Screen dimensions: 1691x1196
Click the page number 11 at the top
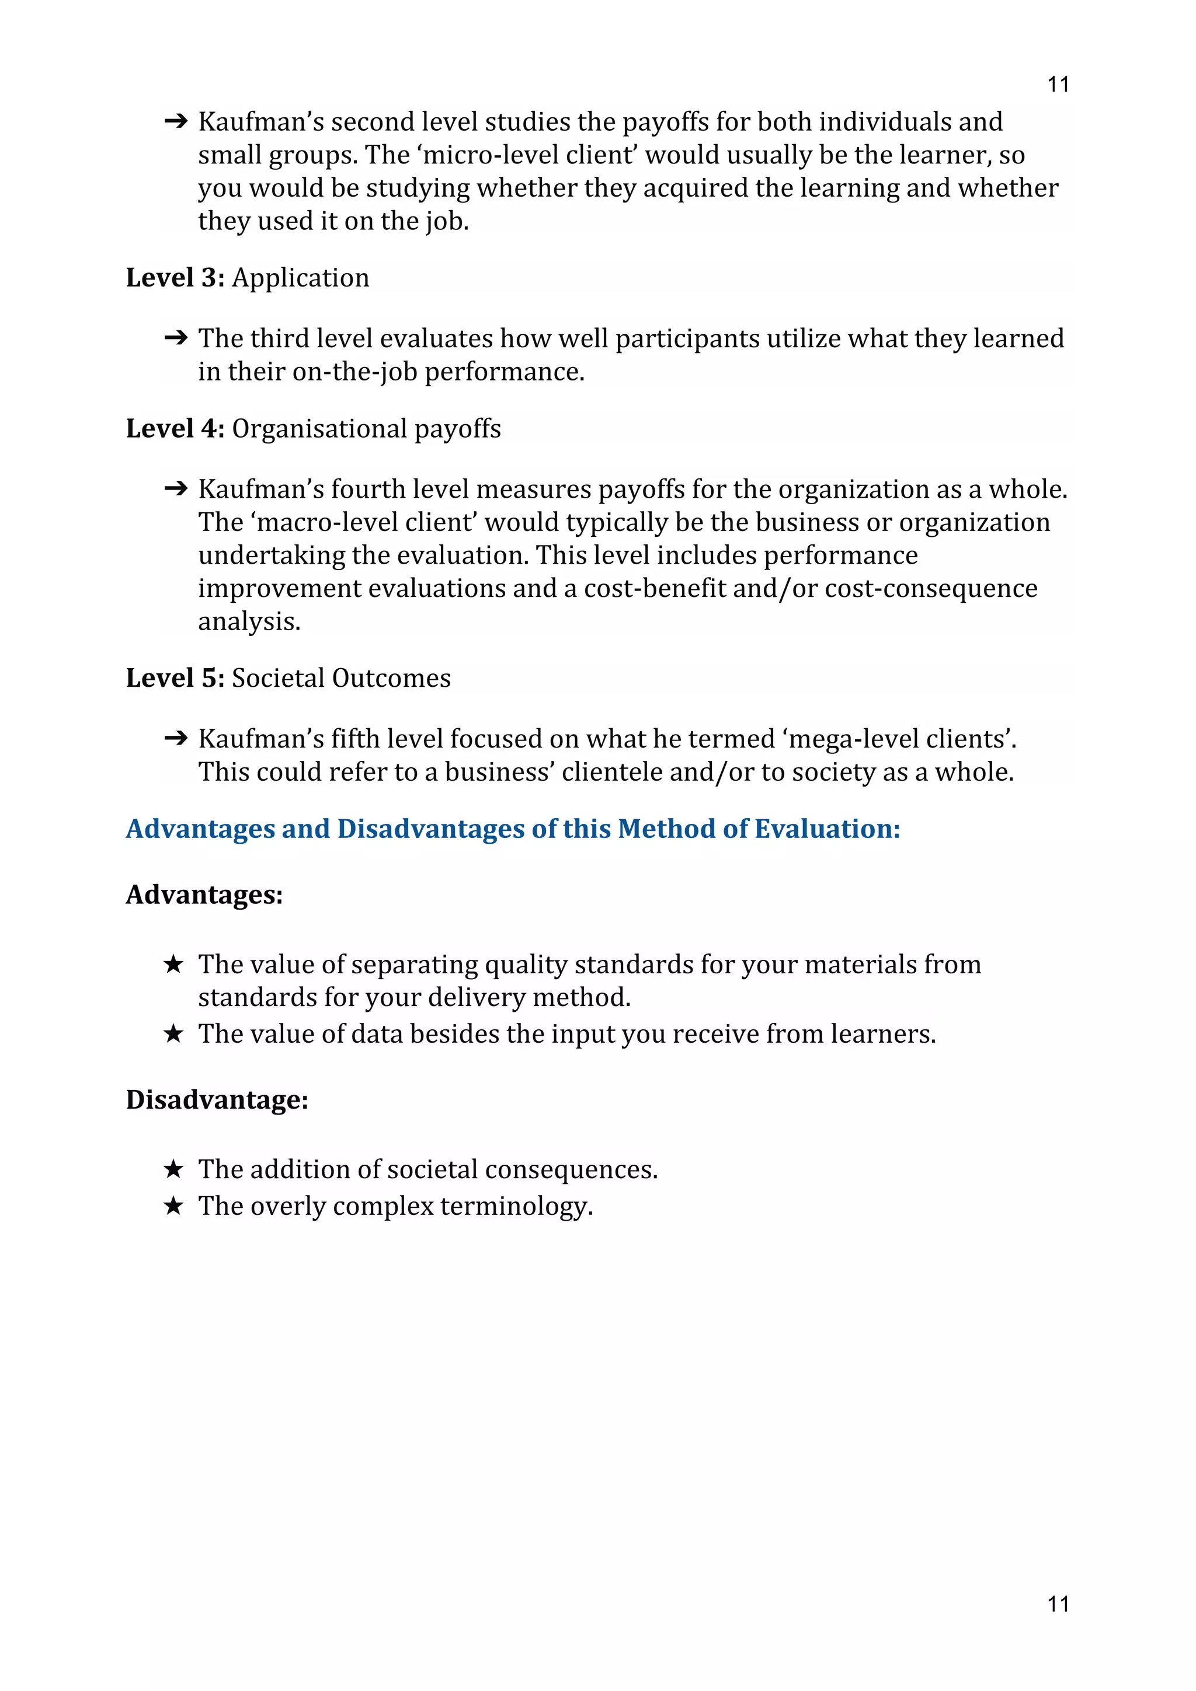click(1058, 85)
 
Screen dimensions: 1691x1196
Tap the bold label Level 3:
click(175, 278)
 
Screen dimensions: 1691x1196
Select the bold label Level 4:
click(175, 429)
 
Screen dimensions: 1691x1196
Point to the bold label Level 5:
click(175, 678)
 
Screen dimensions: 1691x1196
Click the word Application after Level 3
click(301, 278)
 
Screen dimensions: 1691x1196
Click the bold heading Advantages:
click(204, 895)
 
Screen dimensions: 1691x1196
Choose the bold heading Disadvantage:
click(217, 1099)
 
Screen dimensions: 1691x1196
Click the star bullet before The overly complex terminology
click(173, 1206)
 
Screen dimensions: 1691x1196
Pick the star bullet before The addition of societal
click(173, 1169)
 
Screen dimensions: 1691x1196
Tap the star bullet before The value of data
click(173, 1033)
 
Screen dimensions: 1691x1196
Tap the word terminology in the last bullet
click(516, 1206)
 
